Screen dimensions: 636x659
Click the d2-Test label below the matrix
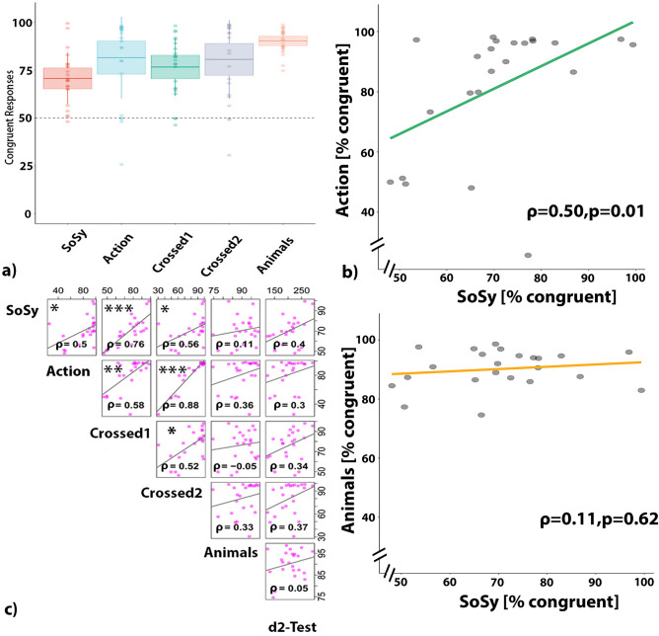coord(288,626)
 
